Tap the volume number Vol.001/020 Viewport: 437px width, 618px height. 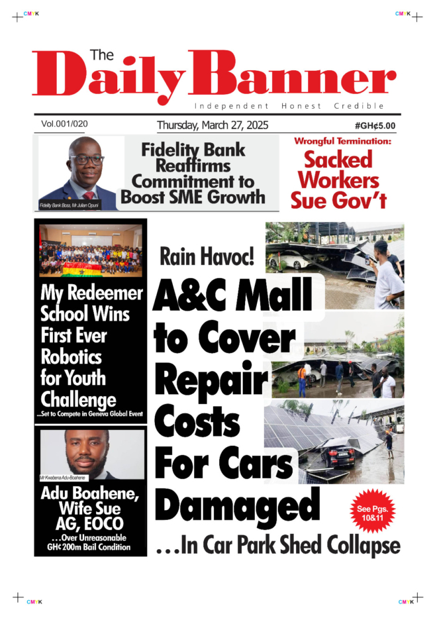tap(64, 124)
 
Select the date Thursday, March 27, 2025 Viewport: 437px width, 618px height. tap(213, 125)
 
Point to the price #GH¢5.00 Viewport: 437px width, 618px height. tap(375, 125)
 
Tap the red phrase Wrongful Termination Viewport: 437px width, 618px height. tap(343, 141)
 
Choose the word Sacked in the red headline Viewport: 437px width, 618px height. tap(338, 160)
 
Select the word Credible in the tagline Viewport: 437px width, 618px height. tap(360, 106)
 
